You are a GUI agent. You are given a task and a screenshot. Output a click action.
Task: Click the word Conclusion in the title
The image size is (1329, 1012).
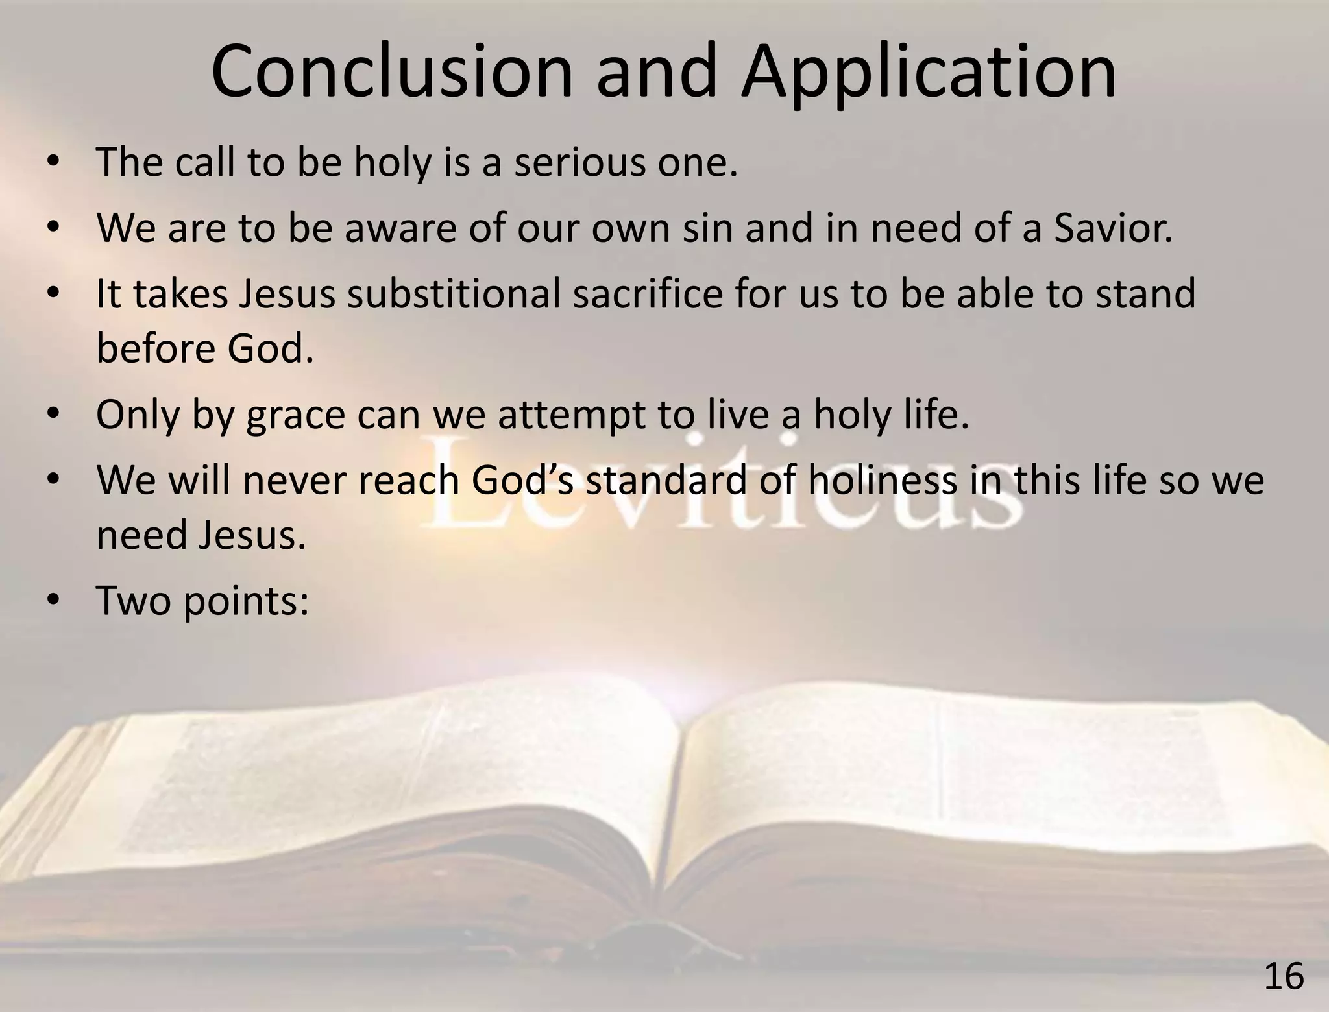coord(392,71)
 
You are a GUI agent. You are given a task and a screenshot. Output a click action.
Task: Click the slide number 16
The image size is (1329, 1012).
coord(1284,977)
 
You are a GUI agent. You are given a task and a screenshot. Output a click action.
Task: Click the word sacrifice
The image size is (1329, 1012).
coord(648,293)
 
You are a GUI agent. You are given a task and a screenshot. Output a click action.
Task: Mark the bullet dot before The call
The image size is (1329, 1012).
coord(54,161)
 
